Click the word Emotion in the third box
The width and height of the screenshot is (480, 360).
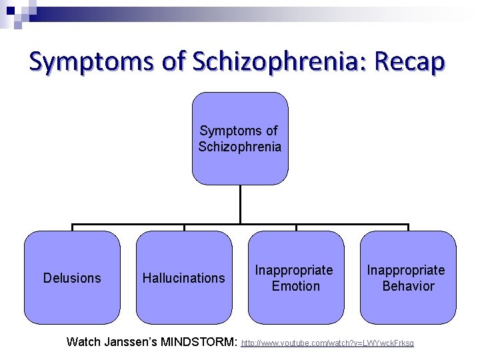click(x=296, y=286)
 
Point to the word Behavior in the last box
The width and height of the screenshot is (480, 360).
click(x=408, y=286)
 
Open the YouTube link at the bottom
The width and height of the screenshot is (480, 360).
click(x=327, y=343)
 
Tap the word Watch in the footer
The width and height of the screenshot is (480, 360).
click(x=83, y=343)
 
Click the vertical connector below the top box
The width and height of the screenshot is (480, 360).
click(x=240, y=204)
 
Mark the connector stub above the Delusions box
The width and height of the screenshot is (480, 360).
click(x=72, y=227)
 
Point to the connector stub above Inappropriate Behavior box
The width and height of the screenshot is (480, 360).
click(x=408, y=227)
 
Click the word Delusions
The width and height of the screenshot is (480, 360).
click(x=72, y=278)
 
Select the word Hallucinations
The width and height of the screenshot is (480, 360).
click(x=184, y=278)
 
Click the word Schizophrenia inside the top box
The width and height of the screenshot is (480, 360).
click(x=240, y=147)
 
